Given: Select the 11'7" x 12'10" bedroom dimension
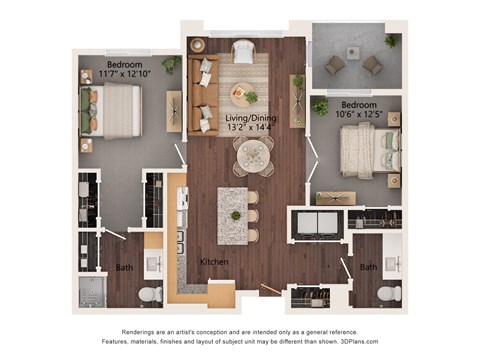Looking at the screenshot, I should point(124,74).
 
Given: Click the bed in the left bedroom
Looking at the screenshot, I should point(114,110).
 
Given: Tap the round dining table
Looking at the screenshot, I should point(253,155).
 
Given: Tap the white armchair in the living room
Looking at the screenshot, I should point(243,51).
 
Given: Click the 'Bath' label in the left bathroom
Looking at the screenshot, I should point(123,268).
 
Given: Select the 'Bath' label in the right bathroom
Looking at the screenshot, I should point(368,267).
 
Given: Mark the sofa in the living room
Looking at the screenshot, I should point(206,96).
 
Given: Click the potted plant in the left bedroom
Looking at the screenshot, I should point(170,64).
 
